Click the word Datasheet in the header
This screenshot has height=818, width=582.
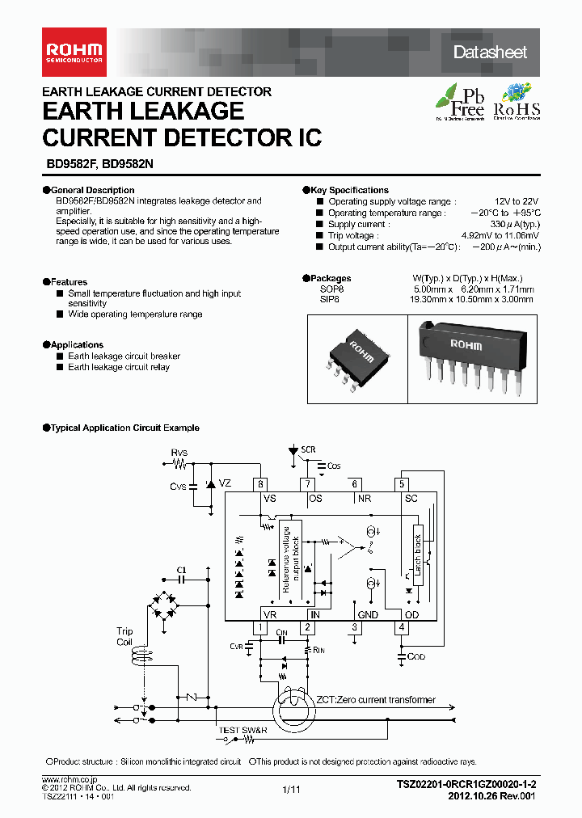click(490, 53)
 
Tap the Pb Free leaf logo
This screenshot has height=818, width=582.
click(461, 102)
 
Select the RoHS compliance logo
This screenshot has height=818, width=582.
click(517, 102)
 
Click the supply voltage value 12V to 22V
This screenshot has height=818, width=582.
click(517, 201)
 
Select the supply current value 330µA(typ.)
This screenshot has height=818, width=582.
click(514, 224)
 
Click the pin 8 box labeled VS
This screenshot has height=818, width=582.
click(260, 484)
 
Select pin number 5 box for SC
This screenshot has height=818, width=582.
click(402, 484)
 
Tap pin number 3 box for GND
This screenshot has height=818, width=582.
click(354, 626)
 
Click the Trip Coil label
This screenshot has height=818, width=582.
click(124, 637)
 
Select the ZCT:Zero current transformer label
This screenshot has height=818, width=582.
click(376, 700)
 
